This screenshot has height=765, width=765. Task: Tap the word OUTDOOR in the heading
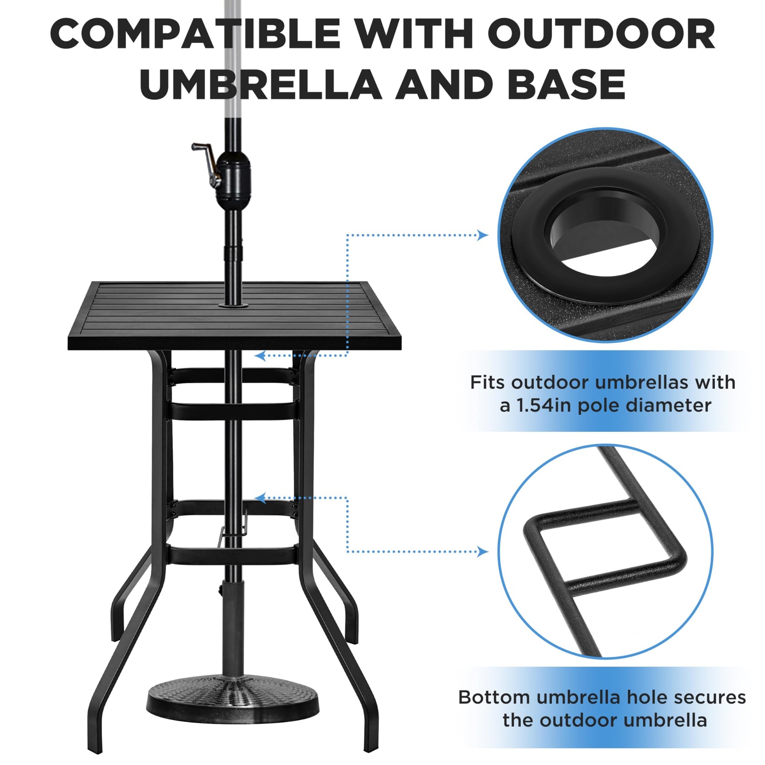coord(602,34)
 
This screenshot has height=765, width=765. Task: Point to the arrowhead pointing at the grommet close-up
coord(482,235)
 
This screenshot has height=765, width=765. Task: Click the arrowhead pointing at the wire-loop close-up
coord(482,551)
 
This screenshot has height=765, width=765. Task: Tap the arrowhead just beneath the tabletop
coord(260,355)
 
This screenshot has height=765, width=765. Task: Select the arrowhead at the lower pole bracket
coord(260,498)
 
